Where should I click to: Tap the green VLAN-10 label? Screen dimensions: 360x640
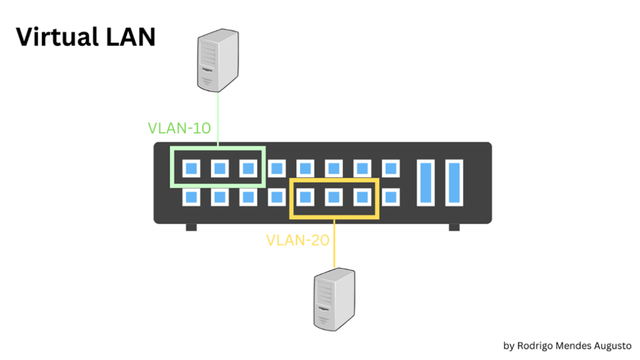coord(179,128)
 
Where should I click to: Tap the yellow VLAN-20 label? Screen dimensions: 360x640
coord(297,239)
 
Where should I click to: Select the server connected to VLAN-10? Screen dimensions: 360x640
coord(217,62)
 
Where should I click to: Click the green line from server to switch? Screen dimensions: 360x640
coord(217,119)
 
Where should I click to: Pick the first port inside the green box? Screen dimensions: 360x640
coord(191,168)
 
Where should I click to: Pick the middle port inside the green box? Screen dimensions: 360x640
coord(219,168)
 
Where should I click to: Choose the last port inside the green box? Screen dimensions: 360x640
coord(248,168)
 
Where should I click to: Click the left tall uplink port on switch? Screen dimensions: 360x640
coord(427,182)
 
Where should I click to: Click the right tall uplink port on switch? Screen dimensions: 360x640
coord(454,182)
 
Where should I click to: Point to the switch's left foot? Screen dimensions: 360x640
coord(191,227)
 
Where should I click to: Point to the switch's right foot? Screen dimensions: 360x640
coord(454,227)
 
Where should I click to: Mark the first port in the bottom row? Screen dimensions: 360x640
coord(191,197)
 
